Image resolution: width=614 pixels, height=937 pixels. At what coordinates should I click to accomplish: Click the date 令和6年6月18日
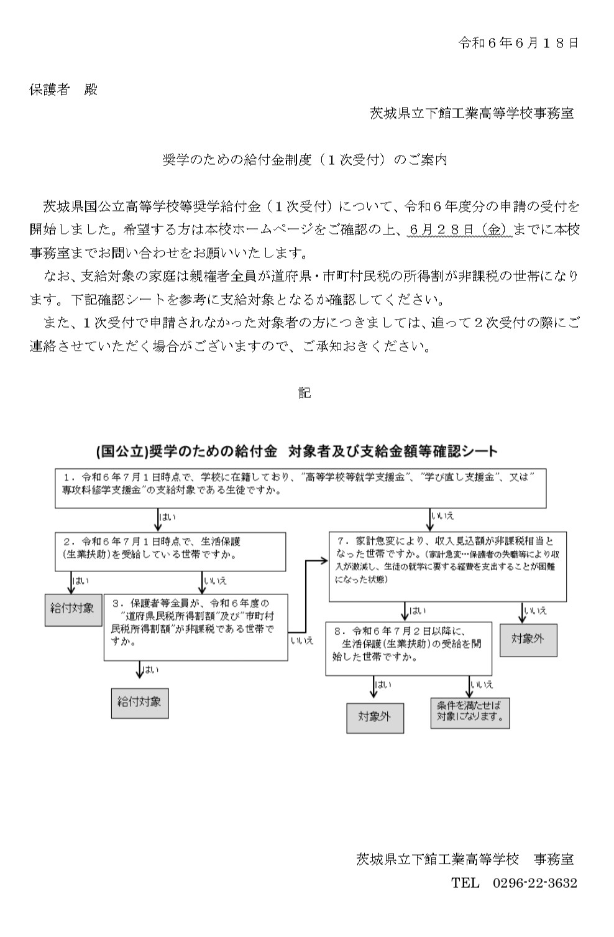(x=518, y=43)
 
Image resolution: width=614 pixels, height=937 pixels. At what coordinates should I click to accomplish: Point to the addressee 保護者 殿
(x=63, y=90)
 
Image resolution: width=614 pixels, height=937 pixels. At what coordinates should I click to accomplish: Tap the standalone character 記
(x=305, y=393)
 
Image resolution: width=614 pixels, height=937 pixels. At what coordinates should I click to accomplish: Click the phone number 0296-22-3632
(x=535, y=883)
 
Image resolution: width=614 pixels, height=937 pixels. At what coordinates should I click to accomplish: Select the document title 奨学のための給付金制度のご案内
(x=305, y=160)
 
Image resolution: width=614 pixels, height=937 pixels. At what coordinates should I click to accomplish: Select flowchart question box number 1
(x=301, y=488)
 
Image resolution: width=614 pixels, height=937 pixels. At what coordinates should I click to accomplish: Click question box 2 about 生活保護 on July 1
(x=170, y=552)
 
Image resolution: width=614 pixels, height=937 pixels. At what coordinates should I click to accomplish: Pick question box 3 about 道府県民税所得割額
(x=196, y=627)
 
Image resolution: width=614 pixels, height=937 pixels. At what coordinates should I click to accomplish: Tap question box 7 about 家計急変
(x=447, y=566)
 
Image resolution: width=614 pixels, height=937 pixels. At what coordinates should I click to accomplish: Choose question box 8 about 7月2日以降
(x=409, y=649)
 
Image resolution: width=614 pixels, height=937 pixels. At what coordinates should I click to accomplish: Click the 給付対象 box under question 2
(x=73, y=610)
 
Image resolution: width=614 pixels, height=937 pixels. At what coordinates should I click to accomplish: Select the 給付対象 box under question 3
(x=140, y=703)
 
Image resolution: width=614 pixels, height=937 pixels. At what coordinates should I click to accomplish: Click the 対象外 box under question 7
(x=528, y=640)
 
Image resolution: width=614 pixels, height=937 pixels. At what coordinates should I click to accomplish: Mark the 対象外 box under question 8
(x=375, y=718)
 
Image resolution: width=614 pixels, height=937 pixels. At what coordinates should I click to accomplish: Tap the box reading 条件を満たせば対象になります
(x=470, y=713)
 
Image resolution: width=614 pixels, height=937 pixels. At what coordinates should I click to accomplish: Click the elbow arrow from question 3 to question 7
(x=306, y=596)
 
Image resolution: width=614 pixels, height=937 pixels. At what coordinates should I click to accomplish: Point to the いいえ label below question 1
(x=442, y=516)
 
